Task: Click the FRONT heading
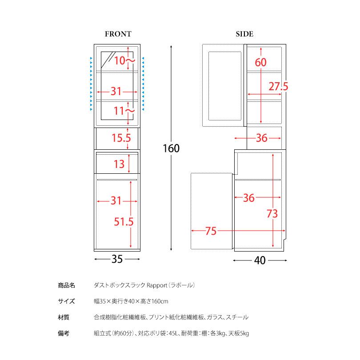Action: click(x=118, y=34)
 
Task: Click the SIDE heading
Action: click(x=244, y=34)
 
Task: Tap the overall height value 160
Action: click(x=171, y=148)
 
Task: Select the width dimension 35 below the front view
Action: click(x=117, y=259)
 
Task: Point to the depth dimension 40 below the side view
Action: click(x=260, y=260)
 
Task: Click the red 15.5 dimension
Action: click(x=121, y=138)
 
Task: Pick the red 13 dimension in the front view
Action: click(x=119, y=164)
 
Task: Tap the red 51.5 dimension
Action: click(x=124, y=222)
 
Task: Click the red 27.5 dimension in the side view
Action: click(x=278, y=87)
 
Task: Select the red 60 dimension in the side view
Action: click(x=260, y=63)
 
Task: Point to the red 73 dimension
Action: click(x=272, y=214)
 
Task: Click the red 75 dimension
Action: click(x=211, y=231)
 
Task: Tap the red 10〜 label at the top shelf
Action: click(x=124, y=61)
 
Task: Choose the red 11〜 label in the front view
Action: click(x=124, y=111)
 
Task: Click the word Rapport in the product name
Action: click(x=157, y=285)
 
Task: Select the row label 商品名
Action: click(x=66, y=285)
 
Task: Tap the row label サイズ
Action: click(x=66, y=301)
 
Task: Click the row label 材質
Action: click(x=64, y=317)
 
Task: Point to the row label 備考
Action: click(x=64, y=333)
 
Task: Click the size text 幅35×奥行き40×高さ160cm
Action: click(x=131, y=301)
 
